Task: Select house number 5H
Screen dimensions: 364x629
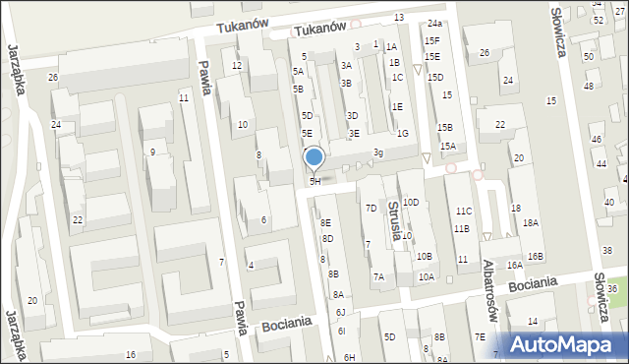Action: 315,181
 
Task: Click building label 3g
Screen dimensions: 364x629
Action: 378,152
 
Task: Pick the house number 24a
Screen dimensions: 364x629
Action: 434,23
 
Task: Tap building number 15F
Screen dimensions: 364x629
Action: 431,40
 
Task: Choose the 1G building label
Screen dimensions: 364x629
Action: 402,133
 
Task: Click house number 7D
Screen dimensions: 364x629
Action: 371,208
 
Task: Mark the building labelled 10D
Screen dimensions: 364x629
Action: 411,202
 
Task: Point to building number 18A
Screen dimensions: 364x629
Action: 531,223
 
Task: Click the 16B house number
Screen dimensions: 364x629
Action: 535,256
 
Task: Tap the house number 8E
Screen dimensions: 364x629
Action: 325,223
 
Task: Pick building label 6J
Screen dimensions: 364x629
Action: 340,312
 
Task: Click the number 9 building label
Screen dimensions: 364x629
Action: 152,152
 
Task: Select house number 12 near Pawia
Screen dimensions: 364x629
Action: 237,65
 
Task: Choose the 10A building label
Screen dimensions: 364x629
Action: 426,276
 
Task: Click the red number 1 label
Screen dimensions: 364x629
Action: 375,43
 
